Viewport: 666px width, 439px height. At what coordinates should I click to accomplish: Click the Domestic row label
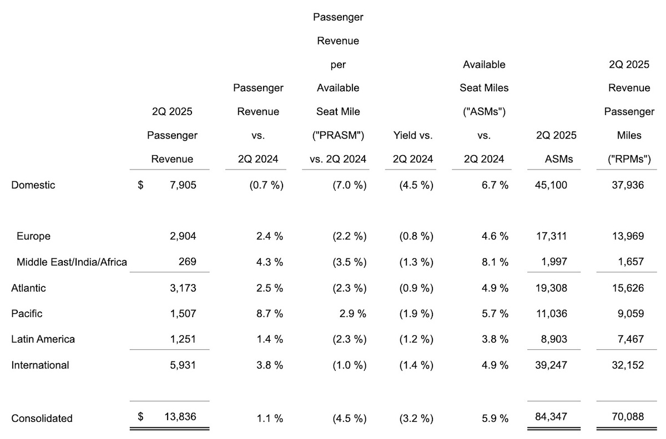pyautogui.click(x=33, y=185)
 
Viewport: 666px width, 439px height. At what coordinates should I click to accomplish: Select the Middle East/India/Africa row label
pyautogui.click(x=72, y=262)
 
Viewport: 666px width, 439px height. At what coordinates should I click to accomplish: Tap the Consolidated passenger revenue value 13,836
pyautogui.click(x=180, y=417)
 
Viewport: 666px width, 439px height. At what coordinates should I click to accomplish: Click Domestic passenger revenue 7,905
pyautogui.click(x=183, y=185)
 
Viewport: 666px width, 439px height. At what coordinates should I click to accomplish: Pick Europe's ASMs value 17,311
pyautogui.click(x=552, y=236)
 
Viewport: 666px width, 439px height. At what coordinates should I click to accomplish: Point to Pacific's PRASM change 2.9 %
pyautogui.click(x=352, y=314)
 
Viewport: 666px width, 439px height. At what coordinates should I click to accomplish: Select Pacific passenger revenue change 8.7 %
pyautogui.click(x=270, y=314)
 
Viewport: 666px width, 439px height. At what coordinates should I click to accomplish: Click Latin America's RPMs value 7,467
pyautogui.click(x=630, y=339)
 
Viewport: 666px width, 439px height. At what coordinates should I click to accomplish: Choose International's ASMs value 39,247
pyautogui.click(x=551, y=365)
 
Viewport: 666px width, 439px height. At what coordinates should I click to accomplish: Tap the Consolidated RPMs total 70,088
pyautogui.click(x=628, y=417)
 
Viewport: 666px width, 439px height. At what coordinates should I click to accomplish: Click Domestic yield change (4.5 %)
pyautogui.click(x=416, y=185)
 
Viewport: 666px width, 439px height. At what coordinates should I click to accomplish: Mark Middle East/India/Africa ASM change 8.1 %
pyautogui.click(x=495, y=262)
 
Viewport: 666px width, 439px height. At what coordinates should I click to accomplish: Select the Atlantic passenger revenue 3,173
pyautogui.click(x=183, y=288)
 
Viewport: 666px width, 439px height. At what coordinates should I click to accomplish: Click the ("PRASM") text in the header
pyautogui.click(x=338, y=135)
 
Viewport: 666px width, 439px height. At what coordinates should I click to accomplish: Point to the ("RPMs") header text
pyautogui.click(x=629, y=159)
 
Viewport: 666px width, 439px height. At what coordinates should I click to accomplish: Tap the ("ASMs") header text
pyautogui.click(x=484, y=111)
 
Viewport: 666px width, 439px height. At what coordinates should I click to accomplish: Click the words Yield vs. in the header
pyautogui.click(x=413, y=135)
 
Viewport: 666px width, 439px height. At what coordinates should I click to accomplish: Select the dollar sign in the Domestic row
pyautogui.click(x=140, y=185)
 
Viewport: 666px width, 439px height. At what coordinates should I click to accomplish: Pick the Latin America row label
pyautogui.click(x=43, y=339)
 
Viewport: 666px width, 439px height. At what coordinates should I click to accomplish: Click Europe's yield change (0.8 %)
pyautogui.click(x=416, y=236)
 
